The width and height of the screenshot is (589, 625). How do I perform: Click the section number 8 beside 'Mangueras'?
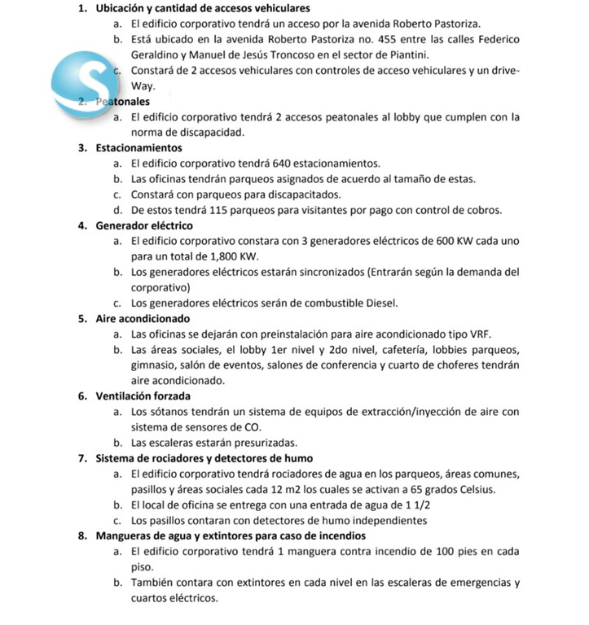pos(84,535)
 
